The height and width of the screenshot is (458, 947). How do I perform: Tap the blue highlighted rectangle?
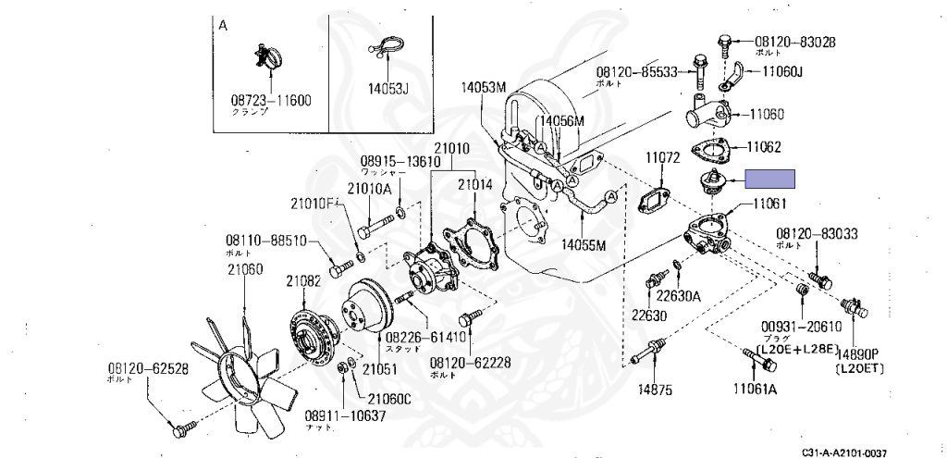pyautogui.click(x=771, y=180)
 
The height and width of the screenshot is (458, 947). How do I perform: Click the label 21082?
pyautogui.click(x=302, y=280)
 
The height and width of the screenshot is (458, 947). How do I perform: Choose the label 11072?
pyautogui.click(x=662, y=159)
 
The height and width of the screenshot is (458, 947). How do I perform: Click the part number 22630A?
pyautogui.click(x=679, y=295)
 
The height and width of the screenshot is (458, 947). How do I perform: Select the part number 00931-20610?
pyautogui.click(x=800, y=326)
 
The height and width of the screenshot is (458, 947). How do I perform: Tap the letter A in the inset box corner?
pyautogui.click(x=223, y=26)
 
